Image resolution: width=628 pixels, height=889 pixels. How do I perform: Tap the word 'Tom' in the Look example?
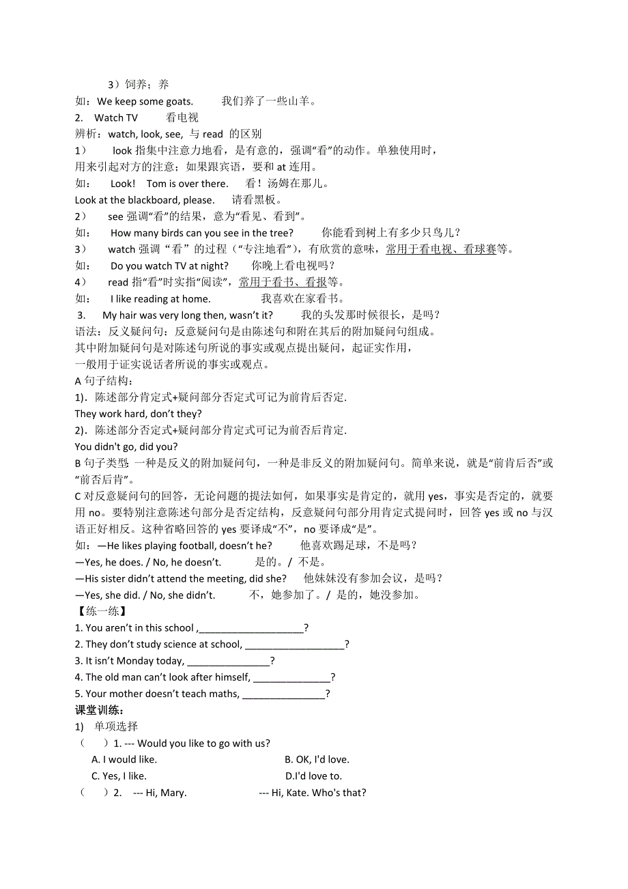[x=156, y=184]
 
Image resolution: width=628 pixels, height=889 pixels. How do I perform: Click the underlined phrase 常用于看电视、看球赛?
[x=441, y=249]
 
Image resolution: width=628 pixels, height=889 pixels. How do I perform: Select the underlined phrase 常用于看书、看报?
[x=283, y=282]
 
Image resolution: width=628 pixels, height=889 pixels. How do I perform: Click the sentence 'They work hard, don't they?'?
[x=139, y=414]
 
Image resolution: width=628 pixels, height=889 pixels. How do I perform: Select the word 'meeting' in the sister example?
[x=227, y=578]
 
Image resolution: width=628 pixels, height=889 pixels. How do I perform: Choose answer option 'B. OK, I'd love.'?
[x=317, y=759]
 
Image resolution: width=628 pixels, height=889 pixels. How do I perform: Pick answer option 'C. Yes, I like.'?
[x=119, y=776]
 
